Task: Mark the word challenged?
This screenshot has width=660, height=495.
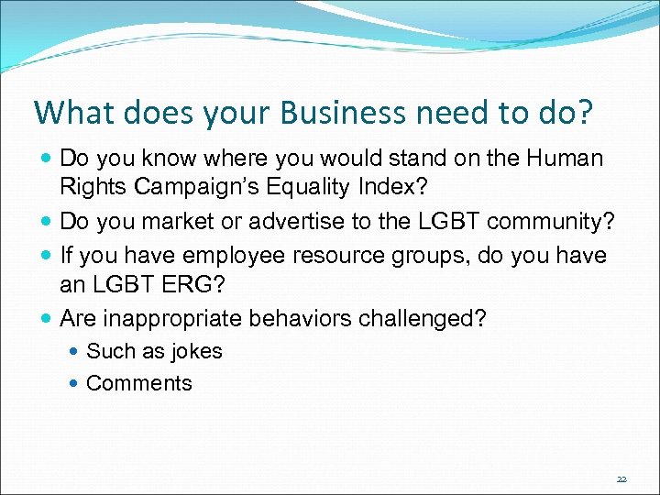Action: click(435, 319)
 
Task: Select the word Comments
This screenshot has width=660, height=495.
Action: click(138, 383)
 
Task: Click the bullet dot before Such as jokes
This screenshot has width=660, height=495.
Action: click(74, 352)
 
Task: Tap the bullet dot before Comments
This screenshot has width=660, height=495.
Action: click(74, 384)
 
